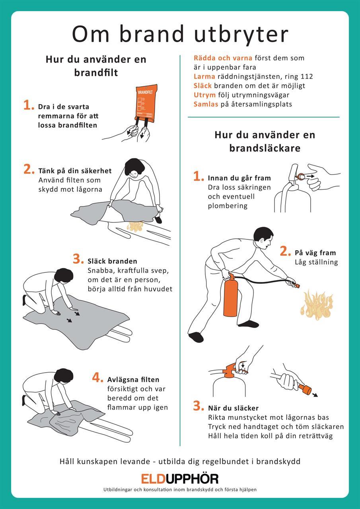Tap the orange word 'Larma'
click(x=204, y=76)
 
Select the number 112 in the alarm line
click(x=307, y=76)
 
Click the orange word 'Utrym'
click(x=204, y=95)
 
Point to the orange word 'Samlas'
click(x=206, y=104)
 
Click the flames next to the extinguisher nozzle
click(x=316, y=304)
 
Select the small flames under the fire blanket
click(x=135, y=226)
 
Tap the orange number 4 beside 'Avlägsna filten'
click(x=97, y=378)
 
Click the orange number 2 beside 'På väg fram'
click(x=285, y=251)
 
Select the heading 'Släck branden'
click(x=112, y=261)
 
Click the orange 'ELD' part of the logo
click(x=153, y=478)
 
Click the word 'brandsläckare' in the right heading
click(x=265, y=148)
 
